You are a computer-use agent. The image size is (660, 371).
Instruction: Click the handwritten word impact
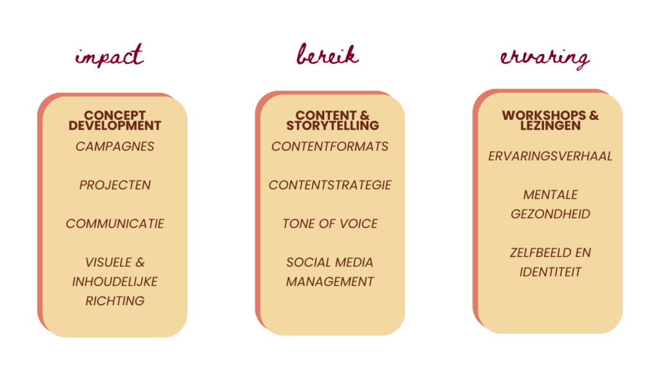[x=110, y=57]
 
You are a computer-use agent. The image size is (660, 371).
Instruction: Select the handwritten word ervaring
[x=545, y=58]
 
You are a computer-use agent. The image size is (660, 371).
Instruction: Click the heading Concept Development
[x=115, y=120]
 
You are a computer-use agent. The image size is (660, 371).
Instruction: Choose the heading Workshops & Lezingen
[x=550, y=120]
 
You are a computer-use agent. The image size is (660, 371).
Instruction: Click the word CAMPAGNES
[x=115, y=146]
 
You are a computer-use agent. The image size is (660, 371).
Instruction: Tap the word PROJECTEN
[x=115, y=185]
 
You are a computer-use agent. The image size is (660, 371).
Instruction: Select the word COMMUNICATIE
[x=115, y=224]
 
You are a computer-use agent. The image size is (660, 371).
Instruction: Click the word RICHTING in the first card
[x=115, y=301]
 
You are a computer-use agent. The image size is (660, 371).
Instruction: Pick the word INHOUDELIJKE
[x=115, y=281]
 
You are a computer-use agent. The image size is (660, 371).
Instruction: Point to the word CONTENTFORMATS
[x=330, y=146]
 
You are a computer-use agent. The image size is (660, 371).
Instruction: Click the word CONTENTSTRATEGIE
[x=330, y=185]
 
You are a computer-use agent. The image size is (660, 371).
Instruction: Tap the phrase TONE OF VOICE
[x=330, y=224]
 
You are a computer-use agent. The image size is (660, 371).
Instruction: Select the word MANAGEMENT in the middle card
[x=330, y=281]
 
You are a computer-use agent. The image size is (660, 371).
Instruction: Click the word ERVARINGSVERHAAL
[x=550, y=156]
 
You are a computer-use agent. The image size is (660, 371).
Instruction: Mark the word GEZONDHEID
[x=550, y=214]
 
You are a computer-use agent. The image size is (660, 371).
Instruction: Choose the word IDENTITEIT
[x=550, y=272]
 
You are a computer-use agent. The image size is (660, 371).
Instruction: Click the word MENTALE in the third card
[x=550, y=195]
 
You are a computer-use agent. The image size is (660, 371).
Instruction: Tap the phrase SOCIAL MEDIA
[x=330, y=262]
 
